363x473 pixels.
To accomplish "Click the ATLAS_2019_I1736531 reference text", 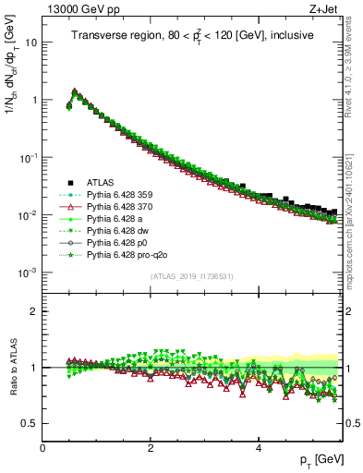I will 193,276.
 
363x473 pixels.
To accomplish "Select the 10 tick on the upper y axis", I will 31,42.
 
